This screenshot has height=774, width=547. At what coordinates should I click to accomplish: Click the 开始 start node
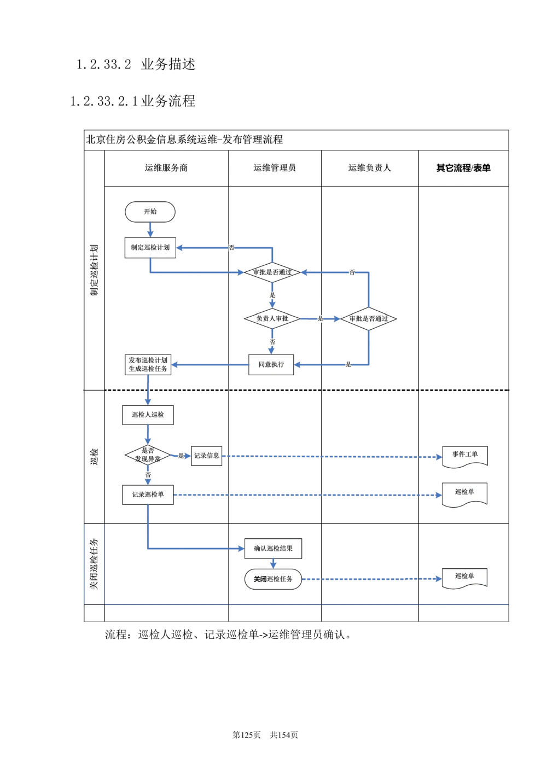coord(150,212)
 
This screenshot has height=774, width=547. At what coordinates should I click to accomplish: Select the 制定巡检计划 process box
coord(150,247)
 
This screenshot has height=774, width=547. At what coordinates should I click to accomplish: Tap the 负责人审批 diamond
coord(272,318)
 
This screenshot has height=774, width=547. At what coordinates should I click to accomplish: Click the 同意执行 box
coord(271,364)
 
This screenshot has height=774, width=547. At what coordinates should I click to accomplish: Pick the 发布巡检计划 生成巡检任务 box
coord(148,364)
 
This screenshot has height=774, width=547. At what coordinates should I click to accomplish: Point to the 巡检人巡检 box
coord(148,415)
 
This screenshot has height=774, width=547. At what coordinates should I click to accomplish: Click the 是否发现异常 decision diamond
coord(148,455)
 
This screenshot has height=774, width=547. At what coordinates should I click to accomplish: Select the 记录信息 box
coord(206,456)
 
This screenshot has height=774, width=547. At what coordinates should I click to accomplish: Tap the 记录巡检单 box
coord(148,494)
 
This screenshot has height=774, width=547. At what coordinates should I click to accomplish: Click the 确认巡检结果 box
coord(273,548)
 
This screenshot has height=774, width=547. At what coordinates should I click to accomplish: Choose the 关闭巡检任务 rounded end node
coord(273,579)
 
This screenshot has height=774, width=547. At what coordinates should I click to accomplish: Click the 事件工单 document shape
coord(465,456)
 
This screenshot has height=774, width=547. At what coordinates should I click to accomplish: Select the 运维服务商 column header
coord(166,168)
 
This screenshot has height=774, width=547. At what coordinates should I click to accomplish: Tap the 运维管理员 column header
coord(275,168)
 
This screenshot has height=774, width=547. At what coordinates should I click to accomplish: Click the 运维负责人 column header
coord(370,168)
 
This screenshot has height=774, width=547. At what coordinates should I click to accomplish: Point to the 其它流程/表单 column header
coord(463,168)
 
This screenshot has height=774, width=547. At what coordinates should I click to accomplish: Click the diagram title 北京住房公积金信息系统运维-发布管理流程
coord(184,139)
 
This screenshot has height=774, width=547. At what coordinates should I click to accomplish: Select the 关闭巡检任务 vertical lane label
coord(94,564)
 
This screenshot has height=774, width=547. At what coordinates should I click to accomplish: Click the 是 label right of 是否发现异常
coord(181,456)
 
